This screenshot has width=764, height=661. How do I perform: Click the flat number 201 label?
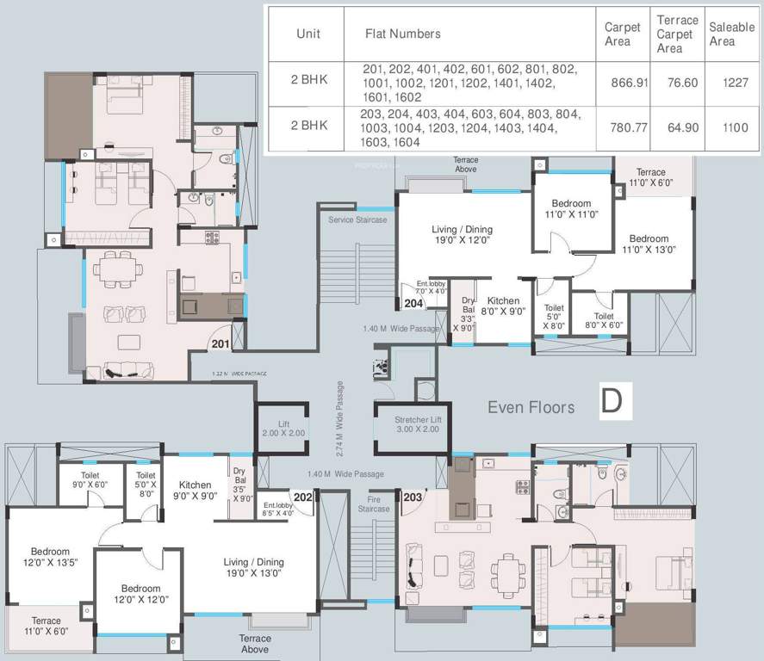pos(220,344)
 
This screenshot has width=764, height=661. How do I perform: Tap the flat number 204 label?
pos(413,303)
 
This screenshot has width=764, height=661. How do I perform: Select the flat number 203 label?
pos(413,497)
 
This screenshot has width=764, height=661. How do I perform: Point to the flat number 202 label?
pos(302,497)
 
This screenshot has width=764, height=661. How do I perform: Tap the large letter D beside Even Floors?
pos(611,402)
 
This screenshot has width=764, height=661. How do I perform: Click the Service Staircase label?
pos(357,220)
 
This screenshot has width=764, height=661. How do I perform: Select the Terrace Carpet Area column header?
pos(676,34)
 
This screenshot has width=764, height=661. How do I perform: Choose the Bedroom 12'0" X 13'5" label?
pos(50,558)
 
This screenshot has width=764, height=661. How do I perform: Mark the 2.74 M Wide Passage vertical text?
pos(339,418)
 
